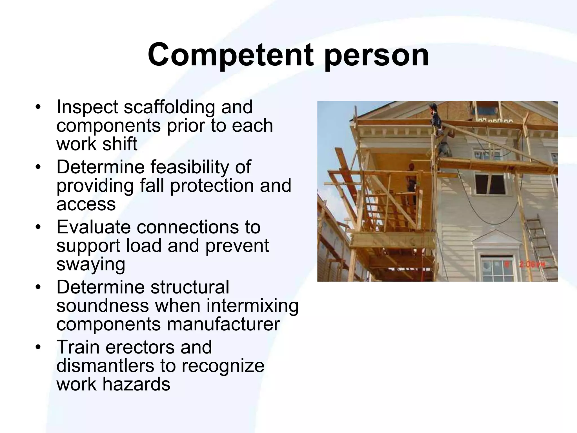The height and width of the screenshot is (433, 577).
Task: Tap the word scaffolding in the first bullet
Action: [x=169, y=107]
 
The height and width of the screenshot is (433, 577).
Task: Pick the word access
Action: [x=86, y=204]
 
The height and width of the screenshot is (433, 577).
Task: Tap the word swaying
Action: [x=91, y=264]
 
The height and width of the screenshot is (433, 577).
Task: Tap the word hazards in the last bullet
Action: [x=136, y=384]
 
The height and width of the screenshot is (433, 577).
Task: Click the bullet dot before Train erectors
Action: [x=38, y=348]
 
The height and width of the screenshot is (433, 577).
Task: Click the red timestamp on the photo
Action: [x=530, y=265]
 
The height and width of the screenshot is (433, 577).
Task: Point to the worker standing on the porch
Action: [x=411, y=180]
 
